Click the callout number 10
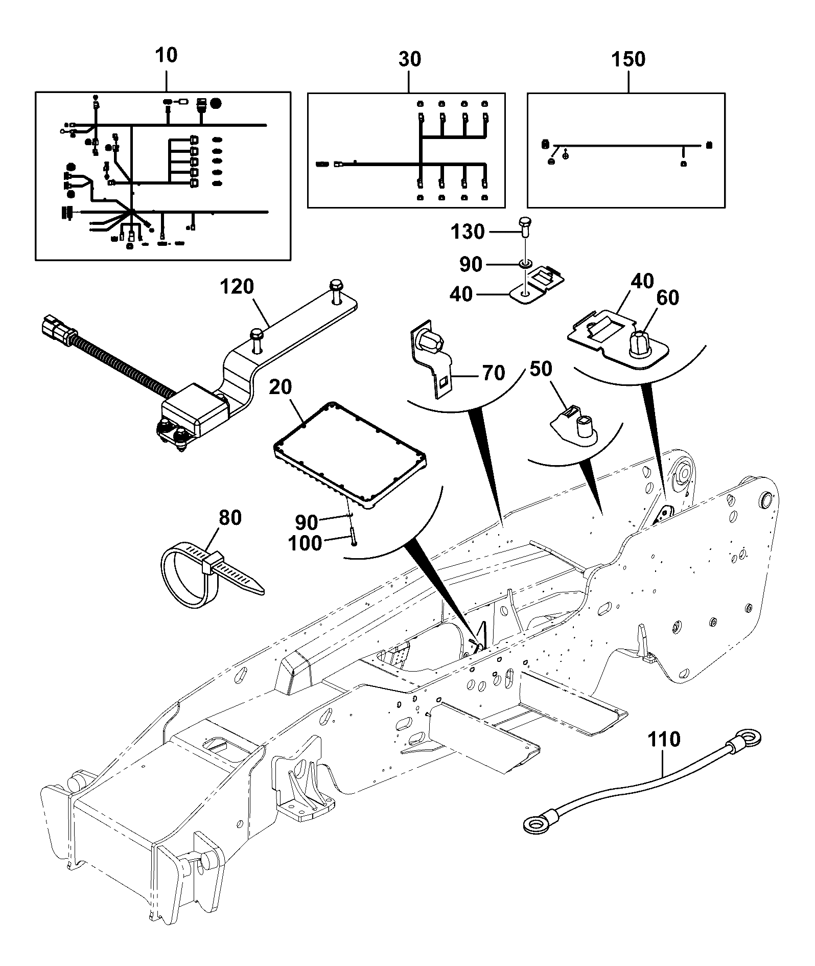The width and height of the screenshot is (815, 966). click(x=166, y=55)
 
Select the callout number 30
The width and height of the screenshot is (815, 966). click(x=409, y=59)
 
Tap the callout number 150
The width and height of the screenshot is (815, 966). click(x=628, y=59)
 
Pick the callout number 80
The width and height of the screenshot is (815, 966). click(x=229, y=518)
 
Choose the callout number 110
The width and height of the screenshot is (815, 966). click(x=664, y=740)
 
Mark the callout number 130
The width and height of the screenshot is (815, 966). click(x=467, y=232)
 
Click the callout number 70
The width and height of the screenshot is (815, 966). click(x=493, y=373)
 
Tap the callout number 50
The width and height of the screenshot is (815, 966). click(x=541, y=369)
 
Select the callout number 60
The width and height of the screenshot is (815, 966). click(x=667, y=297)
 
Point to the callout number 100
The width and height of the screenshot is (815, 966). click(x=305, y=543)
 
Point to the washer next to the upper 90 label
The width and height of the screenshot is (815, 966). click(x=525, y=264)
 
